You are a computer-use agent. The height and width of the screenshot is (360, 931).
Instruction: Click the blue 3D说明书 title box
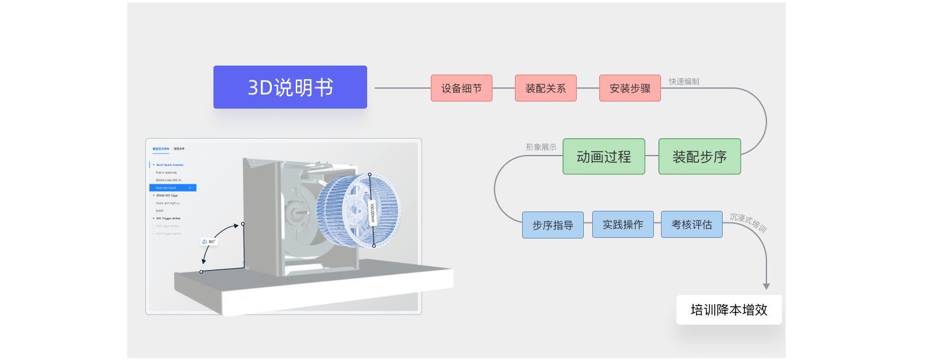click(x=290, y=87)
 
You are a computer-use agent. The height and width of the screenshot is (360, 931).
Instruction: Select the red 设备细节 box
click(x=461, y=88)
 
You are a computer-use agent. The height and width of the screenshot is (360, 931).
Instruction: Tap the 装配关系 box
click(x=545, y=88)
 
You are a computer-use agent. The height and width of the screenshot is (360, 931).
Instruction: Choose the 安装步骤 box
click(x=629, y=88)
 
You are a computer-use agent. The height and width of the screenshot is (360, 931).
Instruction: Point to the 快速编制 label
click(x=683, y=82)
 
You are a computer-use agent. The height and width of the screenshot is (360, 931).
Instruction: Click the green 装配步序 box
click(x=699, y=156)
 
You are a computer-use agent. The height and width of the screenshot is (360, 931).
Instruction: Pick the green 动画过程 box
click(x=603, y=156)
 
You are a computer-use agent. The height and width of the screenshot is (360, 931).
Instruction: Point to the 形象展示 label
click(x=541, y=147)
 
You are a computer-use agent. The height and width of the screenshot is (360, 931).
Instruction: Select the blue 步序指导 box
click(x=552, y=225)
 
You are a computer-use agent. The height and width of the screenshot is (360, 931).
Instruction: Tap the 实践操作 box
click(x=622, y=224)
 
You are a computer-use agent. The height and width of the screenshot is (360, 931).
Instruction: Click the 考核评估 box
click(x=691, y=224)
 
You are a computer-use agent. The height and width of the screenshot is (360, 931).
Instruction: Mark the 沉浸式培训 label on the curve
click(x=748, y=222)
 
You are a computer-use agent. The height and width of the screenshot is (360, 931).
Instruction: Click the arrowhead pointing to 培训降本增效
click(x=766, y=286)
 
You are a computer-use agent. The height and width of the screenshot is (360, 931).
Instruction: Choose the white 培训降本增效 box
click(x=728, y=310)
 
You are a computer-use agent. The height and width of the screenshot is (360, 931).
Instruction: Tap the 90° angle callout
click(x=209, y=242)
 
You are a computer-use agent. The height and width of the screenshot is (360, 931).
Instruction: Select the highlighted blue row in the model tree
click(x=172, y=188)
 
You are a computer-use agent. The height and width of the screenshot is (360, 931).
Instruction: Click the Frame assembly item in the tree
click(x=166, y=172)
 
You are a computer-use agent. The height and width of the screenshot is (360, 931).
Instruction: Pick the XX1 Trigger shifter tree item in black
click(x=168, y=219)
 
